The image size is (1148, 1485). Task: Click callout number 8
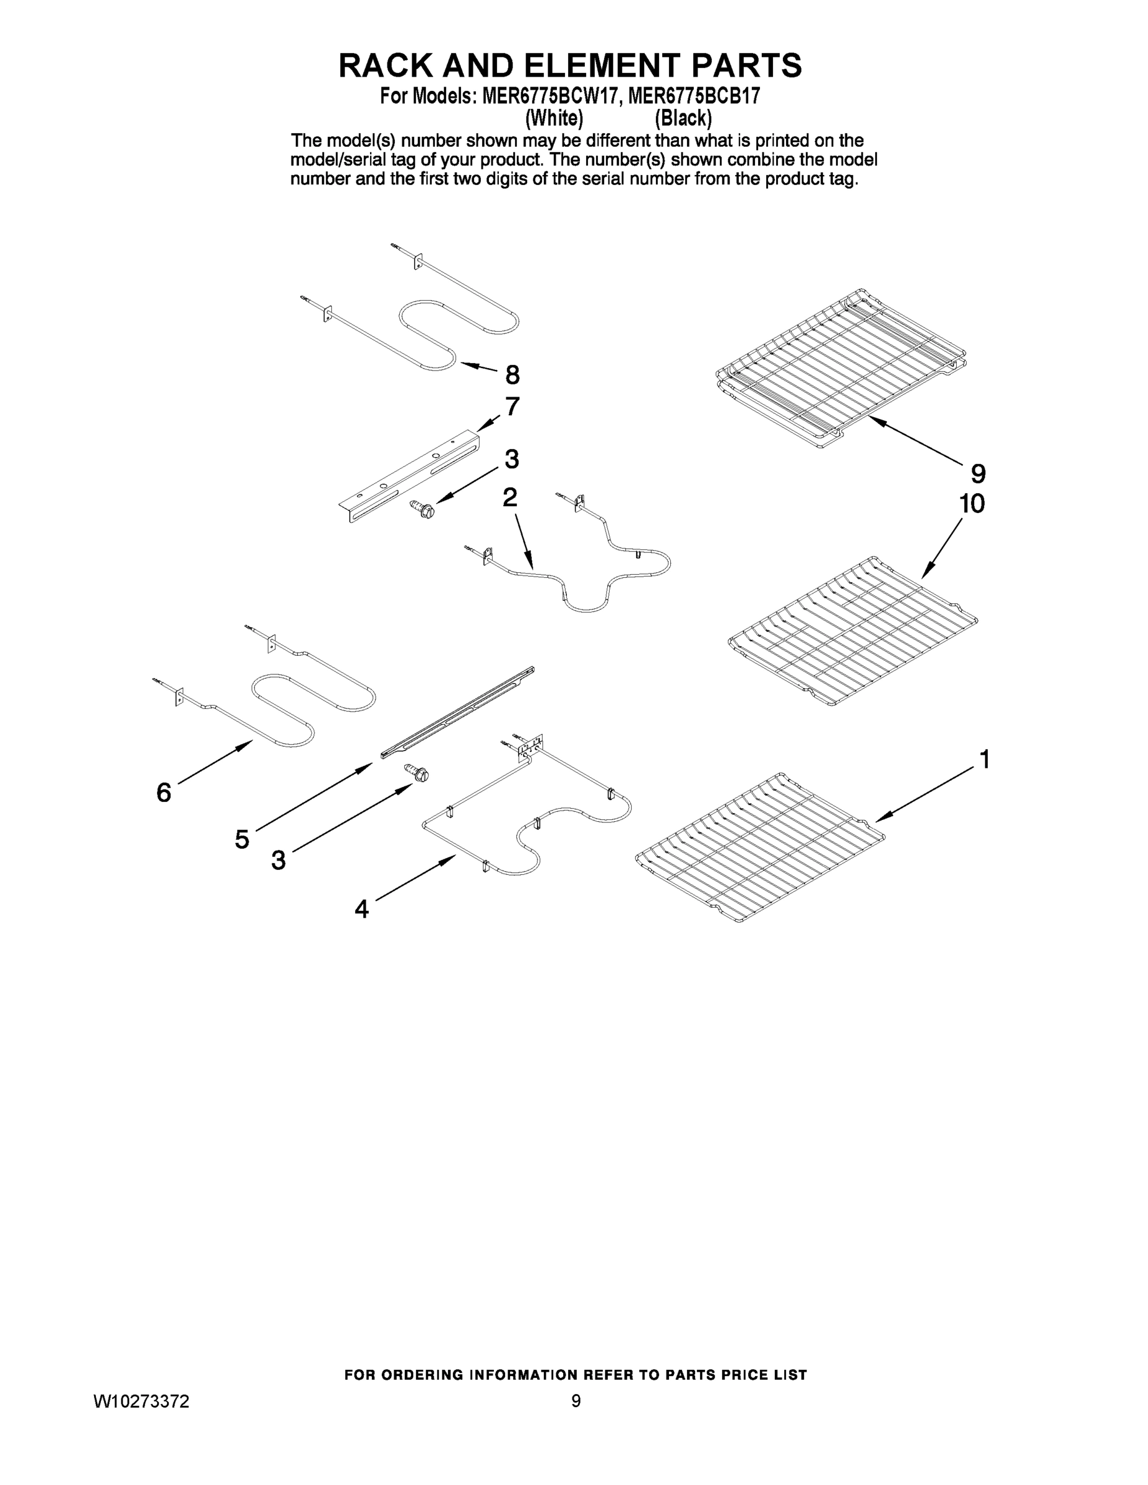(512, 374)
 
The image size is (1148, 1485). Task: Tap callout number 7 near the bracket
(512, 407)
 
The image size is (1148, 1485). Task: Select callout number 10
(972, 504)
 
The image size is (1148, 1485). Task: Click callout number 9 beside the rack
(978, 473)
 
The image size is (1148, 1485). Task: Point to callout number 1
(983, 759)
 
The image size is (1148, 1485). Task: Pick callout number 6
(164, 793)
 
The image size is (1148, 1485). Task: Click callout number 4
(362, 909)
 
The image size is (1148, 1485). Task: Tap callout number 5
(242, 840)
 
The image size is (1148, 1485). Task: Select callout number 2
(509, 497)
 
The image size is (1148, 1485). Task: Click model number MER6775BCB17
(694, 97)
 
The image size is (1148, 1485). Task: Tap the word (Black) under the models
(683, 118)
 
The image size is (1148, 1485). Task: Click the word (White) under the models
(555, 118)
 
